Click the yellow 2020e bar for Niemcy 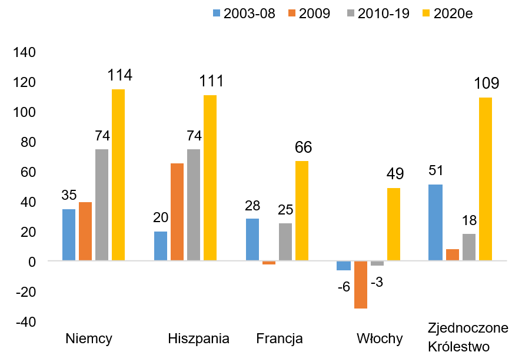point(118,175)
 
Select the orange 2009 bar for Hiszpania point(177,212)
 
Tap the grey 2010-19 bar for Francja point(285,242)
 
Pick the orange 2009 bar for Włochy point(361,284)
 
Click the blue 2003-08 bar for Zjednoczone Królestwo point(436,222)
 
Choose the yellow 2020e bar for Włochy point(394,224)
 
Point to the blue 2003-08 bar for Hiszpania point(161,246)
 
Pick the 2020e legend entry point(447,14)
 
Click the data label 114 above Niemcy point(119,76)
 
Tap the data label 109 point(486,83)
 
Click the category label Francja point(280,338)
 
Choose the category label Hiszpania point(198,338)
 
